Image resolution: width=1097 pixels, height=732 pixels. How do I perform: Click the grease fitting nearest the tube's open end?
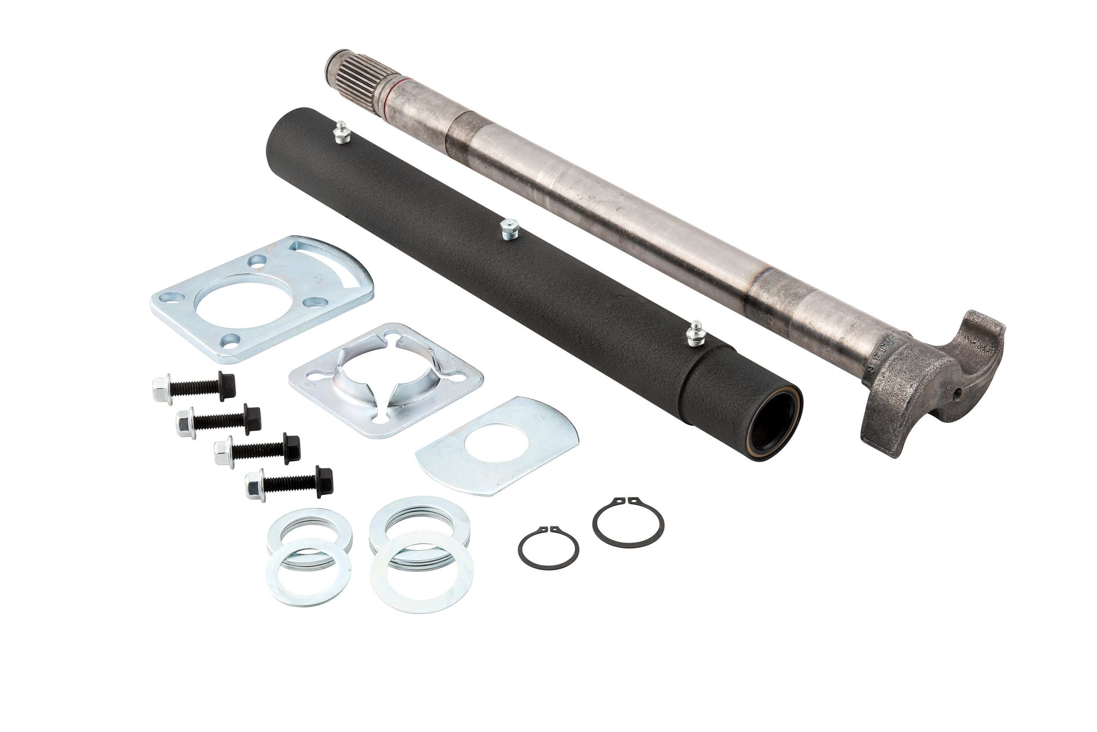(696, 333)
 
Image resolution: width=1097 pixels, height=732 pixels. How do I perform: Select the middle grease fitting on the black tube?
(509, 229)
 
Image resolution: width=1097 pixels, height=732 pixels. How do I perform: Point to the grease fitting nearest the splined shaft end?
(341, 132)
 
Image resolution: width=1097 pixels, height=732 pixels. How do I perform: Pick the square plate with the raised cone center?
(385, 380)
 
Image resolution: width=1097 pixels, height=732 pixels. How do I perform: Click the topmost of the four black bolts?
(194, 387)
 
